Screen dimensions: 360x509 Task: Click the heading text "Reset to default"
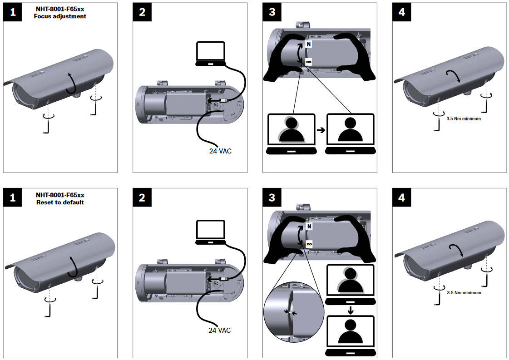pos(60,202)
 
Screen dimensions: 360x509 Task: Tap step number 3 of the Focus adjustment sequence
pos(272,12)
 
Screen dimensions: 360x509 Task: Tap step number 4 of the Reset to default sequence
pos(401,198)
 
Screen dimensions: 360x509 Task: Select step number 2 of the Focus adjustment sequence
pos(142,12)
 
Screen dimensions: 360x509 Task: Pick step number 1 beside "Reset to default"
pos(13,198)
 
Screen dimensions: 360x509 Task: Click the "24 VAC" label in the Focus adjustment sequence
pos(217,151)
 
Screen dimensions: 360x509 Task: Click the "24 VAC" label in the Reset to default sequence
pos(219,330)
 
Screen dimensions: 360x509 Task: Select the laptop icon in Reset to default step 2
pos(210,232)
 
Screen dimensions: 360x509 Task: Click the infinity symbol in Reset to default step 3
pos(309,244)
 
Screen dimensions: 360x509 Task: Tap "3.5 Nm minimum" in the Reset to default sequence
pos(464,293)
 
